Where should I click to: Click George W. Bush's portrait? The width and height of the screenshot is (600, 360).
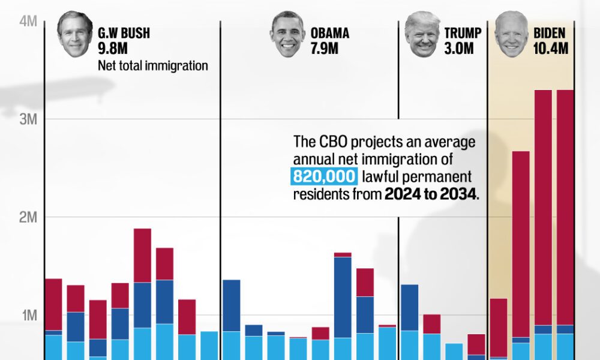coord(75,34)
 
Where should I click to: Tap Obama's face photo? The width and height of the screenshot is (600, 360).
coord(287,34)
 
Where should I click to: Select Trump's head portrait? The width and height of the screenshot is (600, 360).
coord(422,34)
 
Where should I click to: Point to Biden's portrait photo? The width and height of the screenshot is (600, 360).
coord(511,34)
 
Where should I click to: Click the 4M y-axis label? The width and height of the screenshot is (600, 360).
coord(28,22)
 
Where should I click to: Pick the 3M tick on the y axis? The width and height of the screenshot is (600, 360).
coord(28,119)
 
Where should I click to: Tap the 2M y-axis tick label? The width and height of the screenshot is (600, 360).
coord(28,217)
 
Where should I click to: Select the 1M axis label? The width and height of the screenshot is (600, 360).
coord(28,315)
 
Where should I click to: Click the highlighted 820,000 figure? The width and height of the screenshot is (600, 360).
coord(325,177)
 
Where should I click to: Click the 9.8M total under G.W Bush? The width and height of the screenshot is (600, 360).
coord(114,49)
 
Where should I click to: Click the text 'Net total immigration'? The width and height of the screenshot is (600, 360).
coord(153,65)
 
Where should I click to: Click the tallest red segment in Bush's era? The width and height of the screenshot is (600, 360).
coord(142,255)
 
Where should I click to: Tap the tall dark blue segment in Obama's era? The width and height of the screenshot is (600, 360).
coord(343,297)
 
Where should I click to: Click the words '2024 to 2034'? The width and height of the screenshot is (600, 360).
coord(431,194)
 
